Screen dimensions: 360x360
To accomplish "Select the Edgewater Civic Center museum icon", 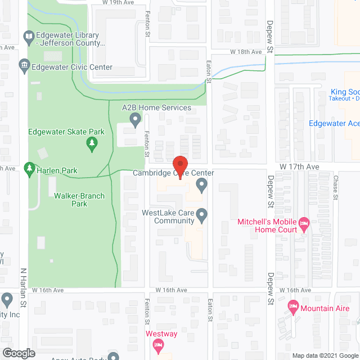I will coord(24,66).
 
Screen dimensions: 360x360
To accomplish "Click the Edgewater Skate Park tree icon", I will coord(92,145).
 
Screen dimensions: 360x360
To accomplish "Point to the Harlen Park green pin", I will coord(29,169).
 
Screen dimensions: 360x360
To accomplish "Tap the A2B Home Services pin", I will coord(135,119).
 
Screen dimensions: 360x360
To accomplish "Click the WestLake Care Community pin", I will coord(203,214).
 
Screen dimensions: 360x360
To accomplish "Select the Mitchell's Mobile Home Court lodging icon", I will coord(304,224).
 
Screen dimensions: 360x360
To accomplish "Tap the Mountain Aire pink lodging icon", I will coord(292,308).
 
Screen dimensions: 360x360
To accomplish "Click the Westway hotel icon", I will coord(159,345).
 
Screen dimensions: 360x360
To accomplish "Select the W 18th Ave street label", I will coord(246,52).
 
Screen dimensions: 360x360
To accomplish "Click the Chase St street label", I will coord(335,187).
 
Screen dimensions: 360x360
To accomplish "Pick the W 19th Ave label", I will coord(118,2).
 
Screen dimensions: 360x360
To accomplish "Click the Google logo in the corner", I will coord(18,353).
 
